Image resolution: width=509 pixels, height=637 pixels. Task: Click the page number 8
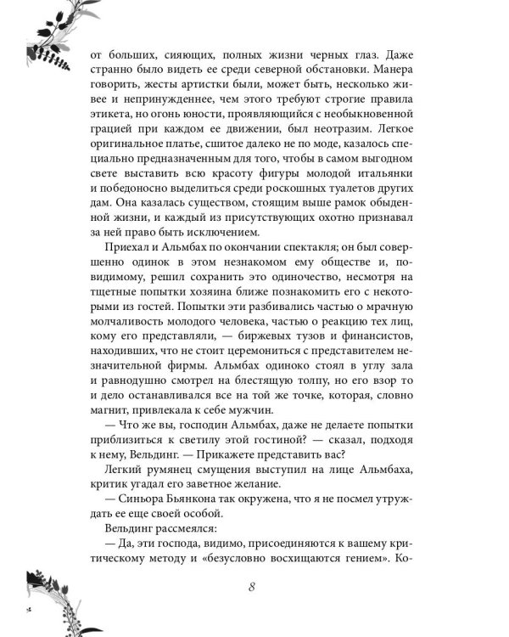pyautogui.click(x=253, y=588)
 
